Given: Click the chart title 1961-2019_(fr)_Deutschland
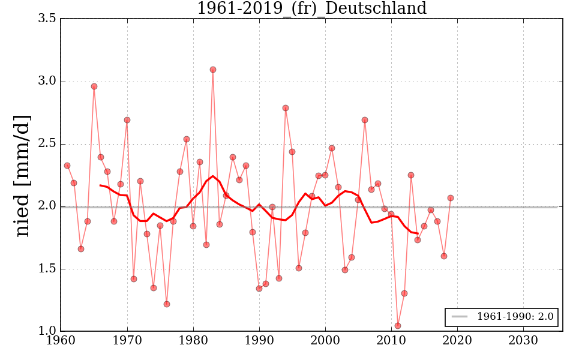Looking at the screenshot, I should (311, 8).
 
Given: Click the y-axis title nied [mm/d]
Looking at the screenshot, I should (22, 175).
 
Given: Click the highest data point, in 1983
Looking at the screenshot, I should (213, 70).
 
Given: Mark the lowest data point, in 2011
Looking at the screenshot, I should (398, 326).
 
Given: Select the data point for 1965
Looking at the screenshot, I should (94, 86).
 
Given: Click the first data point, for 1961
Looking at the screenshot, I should (67, 166).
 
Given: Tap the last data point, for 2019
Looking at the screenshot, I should (451, 198).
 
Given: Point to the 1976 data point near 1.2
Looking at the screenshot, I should (167, 304).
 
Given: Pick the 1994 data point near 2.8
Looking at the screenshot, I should (286, 108).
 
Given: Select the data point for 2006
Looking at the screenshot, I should (365, 120).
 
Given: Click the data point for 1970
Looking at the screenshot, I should (127, 120).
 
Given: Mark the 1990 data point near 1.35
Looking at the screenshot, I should (259, 289).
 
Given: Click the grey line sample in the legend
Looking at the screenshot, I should (459, 317).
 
